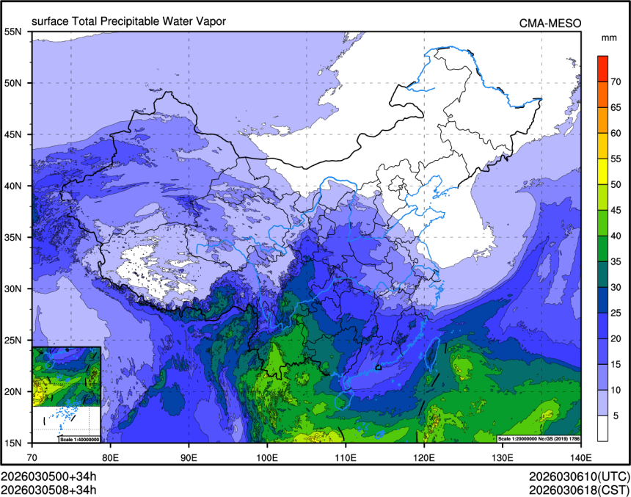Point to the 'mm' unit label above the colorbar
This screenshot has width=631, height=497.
pos(608,37)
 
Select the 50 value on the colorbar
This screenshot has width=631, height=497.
pos(616,184)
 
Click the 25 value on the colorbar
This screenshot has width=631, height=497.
pos(616,313)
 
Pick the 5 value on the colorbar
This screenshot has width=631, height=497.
pos(616,416)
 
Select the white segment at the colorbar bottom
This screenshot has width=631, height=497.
pos(602,429)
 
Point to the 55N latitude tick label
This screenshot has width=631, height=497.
pos(13,32)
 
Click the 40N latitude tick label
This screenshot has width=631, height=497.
pos(13,186)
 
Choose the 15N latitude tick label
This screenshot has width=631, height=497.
pos(13,443)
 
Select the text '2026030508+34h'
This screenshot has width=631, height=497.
pos(48,487)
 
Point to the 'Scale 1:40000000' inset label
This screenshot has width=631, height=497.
pos(79,439)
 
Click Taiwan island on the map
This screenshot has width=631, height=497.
pos(432,352)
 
